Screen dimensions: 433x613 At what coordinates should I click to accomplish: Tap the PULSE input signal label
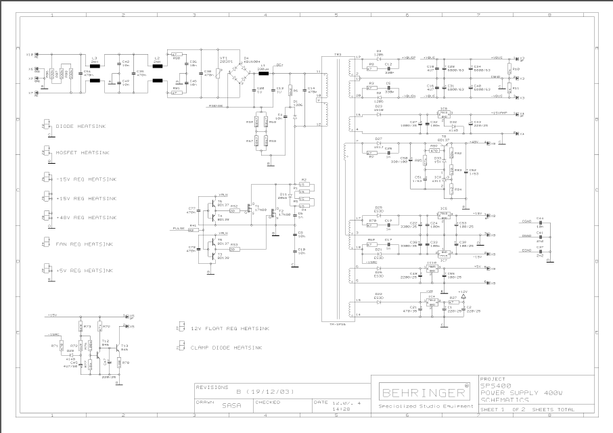click(x=179, y=228)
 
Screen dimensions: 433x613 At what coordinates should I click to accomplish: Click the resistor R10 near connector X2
click(x=516, y=69)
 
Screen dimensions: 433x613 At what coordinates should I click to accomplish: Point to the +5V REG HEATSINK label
click(x=91, y=270)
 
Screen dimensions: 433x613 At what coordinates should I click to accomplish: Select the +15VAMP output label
click(x=501, y=113)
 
